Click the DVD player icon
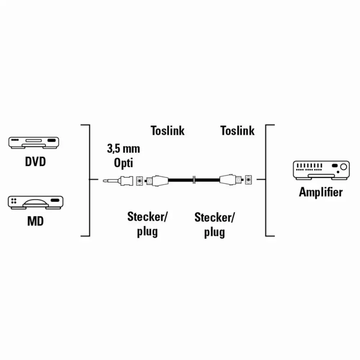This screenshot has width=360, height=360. point(34,143)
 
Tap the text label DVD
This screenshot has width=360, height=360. point(35,162)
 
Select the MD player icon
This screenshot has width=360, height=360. point(36,202)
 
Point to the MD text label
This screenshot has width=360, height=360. point(35,221)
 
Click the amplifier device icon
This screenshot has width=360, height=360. point(321,170)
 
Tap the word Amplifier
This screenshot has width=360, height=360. point(321,192)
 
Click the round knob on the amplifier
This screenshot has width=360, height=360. point(343,167)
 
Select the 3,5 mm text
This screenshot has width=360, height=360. point(123,149)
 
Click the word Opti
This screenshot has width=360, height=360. point(123,163)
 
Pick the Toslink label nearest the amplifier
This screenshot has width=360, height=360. point(237,131)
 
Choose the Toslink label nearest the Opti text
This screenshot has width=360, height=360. point(168,131)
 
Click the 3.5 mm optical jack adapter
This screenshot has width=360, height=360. point(118,181)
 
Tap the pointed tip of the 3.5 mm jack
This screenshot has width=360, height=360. point(104,181)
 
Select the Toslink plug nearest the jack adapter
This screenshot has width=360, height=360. point(157,181)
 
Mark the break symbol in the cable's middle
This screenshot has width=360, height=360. point(194,180)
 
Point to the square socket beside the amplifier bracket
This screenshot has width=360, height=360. point(248,180)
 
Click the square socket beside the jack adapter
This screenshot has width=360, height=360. point(139,181)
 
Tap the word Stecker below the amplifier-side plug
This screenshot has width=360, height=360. point(214,218)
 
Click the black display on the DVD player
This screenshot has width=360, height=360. point(51,140)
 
